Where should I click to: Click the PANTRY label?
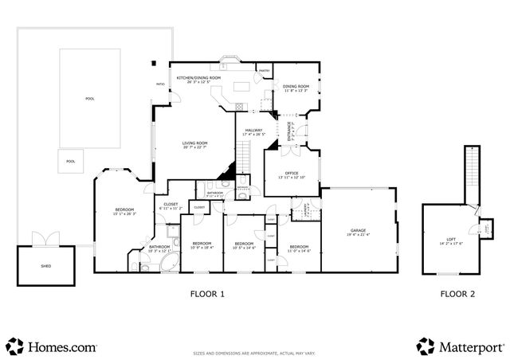click(263, 71)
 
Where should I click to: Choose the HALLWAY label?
click(253, 131)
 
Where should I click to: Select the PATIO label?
click(159, 83)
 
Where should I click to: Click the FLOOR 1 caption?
click(207, 295)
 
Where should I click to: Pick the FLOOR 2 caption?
click(457, 295)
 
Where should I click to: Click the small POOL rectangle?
click(71, 162)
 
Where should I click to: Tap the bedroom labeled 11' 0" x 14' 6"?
click(299, 248)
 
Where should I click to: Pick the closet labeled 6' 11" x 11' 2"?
click(171, 205)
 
